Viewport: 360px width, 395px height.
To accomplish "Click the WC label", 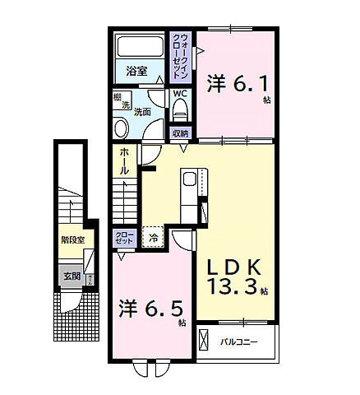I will coord(181,94).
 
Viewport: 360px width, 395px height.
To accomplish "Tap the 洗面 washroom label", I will coord(141,111).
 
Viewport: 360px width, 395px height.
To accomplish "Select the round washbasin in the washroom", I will coord(121,128).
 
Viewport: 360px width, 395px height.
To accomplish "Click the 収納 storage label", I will coord(180,132).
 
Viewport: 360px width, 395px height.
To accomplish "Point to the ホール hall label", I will coord(123,160).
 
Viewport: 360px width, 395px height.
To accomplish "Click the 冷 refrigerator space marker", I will coord(153,239).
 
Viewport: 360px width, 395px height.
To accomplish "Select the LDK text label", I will coord(233,267).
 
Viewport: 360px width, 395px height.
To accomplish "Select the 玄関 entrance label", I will coord(72,276).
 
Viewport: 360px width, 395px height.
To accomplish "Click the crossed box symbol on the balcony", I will coord(204,341).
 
